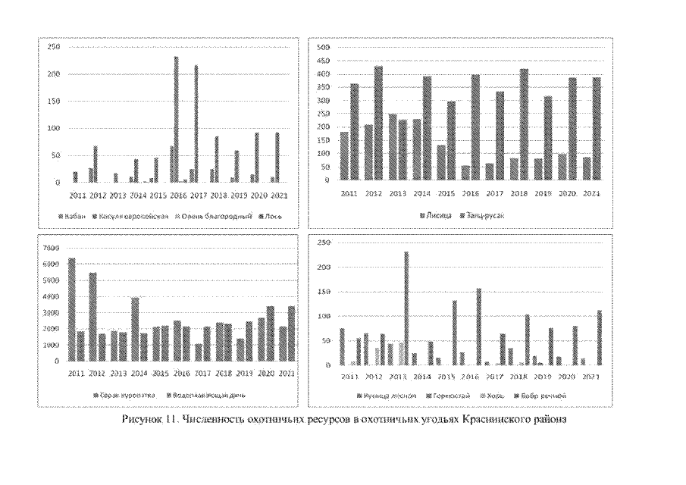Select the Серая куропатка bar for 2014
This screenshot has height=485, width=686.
click(136, 330)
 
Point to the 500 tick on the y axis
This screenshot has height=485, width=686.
click(324, 48)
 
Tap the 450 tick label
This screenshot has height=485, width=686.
click(324, 61)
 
